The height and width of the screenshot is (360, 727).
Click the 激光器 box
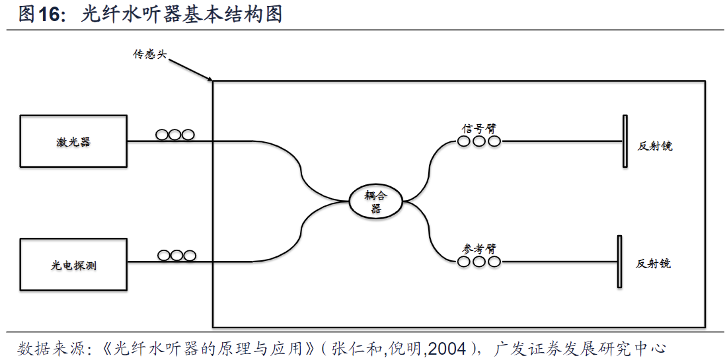(x=73, y=141)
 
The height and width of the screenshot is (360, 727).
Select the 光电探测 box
(x=73, y=265)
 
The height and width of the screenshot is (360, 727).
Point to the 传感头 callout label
(x=149, y=54)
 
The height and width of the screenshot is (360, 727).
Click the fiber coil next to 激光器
(x=175, y=135)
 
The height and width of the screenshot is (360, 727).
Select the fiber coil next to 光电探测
(x=176, y=255)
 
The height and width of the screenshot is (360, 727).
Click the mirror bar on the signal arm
(x=625, y=141)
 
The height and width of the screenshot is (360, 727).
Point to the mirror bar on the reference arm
(x=619, y=262)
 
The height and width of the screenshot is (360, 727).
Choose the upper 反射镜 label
(x=655, y=146)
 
